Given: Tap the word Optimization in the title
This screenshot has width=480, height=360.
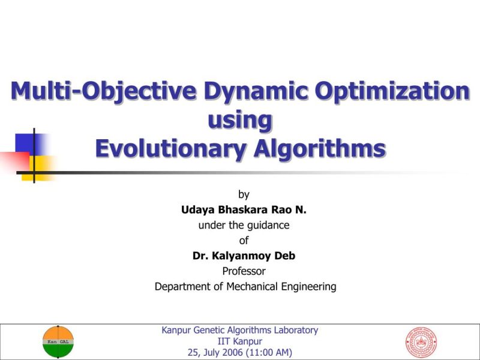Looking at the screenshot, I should tap(393, 92).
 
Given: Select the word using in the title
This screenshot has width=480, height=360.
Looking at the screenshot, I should tap(240, 120).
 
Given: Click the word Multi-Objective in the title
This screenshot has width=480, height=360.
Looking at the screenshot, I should tap(104, 92).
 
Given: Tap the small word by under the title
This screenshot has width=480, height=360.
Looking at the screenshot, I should tap(244, 194).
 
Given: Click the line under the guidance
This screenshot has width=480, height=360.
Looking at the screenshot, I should tap(244, 226).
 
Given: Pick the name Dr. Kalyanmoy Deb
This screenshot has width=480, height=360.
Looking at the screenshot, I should tap(244, 256).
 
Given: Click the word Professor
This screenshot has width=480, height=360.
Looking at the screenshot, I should tap(244, 271).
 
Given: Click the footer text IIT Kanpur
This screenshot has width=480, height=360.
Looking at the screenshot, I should tap(240, 341).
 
